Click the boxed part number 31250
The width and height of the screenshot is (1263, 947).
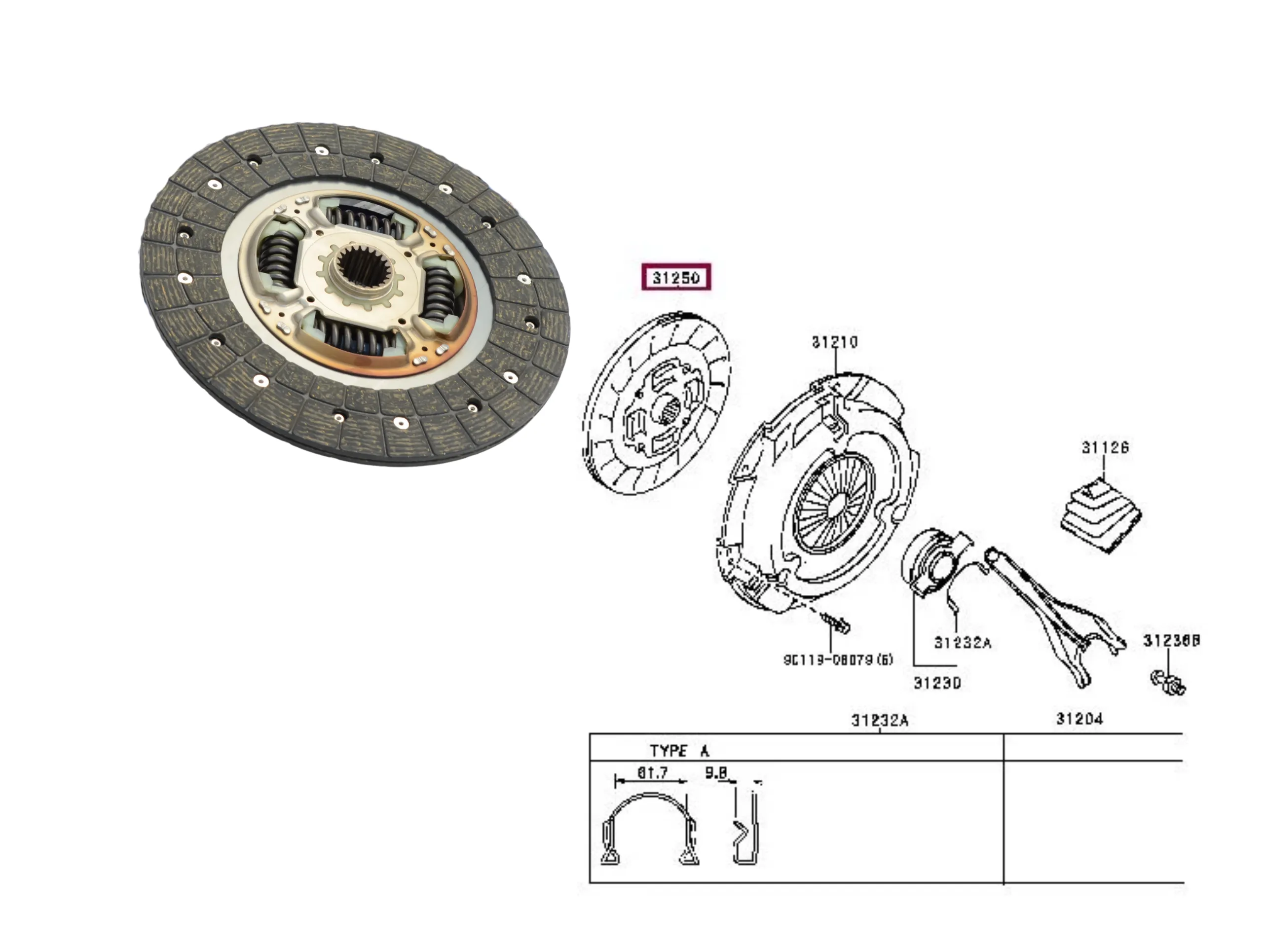676,278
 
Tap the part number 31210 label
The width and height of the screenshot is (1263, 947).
835,342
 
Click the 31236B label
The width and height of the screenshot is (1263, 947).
1171,641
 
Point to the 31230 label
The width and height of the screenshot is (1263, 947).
937,683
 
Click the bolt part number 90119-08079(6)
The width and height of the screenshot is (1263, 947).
838,660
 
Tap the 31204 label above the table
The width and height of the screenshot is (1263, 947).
1079,719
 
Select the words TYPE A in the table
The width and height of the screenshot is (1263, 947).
679,751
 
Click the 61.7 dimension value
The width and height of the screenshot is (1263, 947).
652,773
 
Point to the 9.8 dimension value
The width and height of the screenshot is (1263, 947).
716,773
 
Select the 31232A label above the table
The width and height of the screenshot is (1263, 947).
879,721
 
